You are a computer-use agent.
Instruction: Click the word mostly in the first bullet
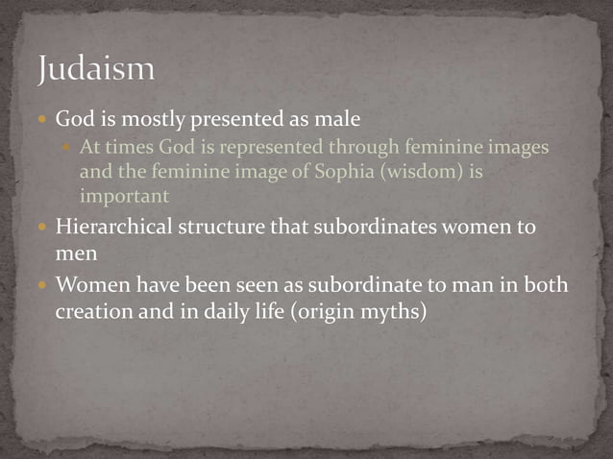pyautogui.click(x=172, y=121)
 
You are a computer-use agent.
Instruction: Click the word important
pyautogui.click(x=124, y=196)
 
